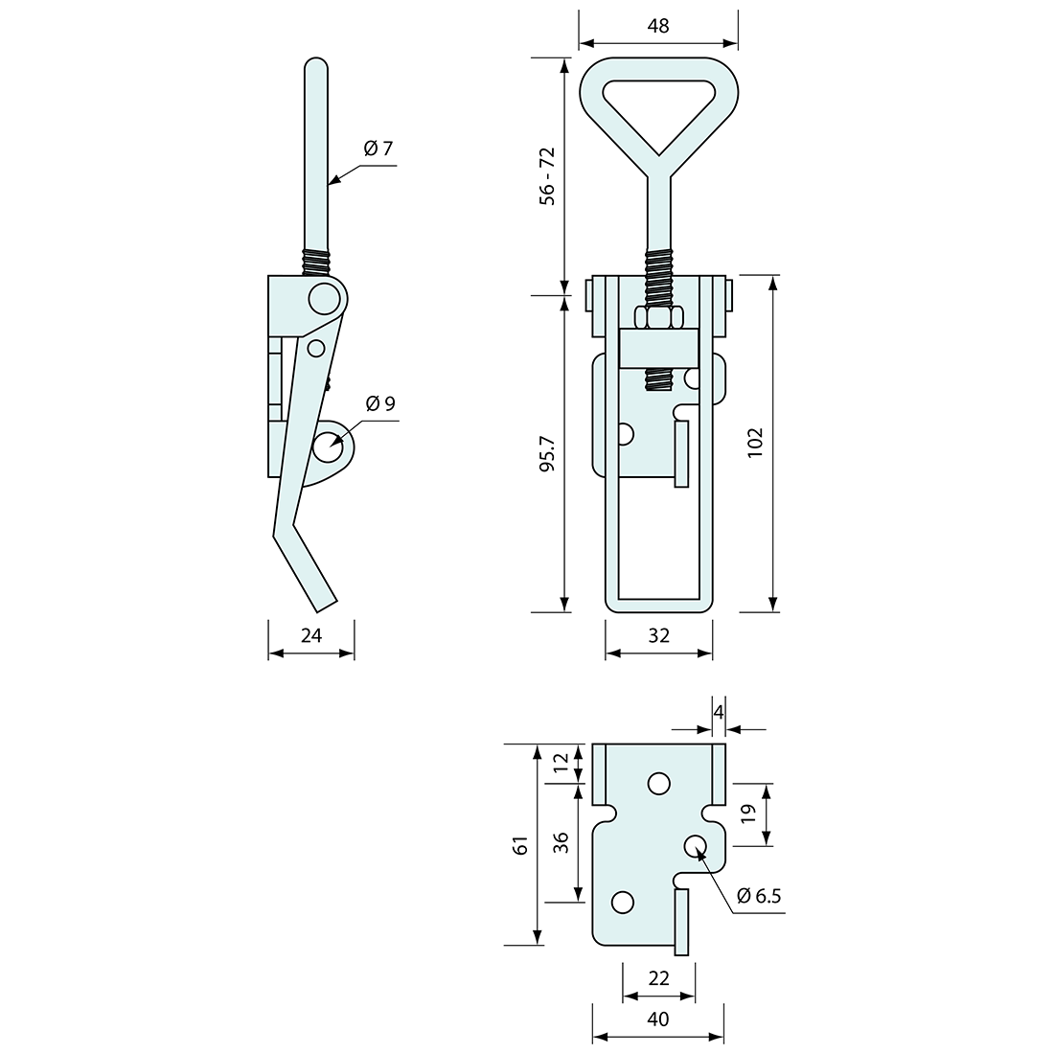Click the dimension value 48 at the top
[x=658, y=26]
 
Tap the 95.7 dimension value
[x=546, y=454]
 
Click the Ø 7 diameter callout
[x=378, y=149]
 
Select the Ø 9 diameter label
[x=380, y=403]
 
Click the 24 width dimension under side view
[x=311, y=634]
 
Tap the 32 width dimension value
[x=658, y=634]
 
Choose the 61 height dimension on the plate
[x=520, y=845]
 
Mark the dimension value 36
[x=562, y=842]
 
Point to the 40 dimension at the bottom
[x=658, y=1020]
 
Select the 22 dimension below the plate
[x=658, y=977]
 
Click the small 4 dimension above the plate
[x=719, y=711]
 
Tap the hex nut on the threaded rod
[x=658, y=317]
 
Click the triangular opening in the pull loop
[x=659, y=105]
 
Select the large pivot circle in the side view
[x=324, y=299]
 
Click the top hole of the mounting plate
[x=658, y=784]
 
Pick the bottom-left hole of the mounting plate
[x=623, y=902]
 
